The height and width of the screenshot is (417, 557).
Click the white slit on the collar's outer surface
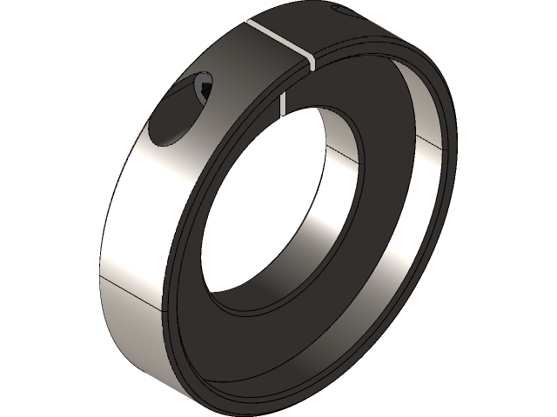[278, 36]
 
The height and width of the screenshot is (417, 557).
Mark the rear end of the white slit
[249, 21]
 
